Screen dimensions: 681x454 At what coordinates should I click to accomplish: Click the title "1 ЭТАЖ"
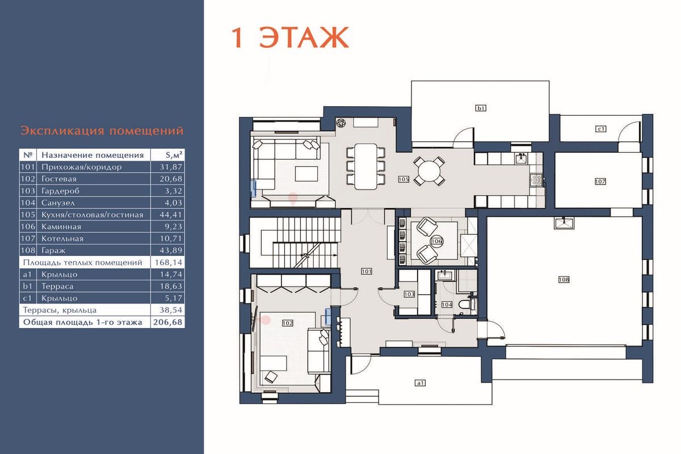290,37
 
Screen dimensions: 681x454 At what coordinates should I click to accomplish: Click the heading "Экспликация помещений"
102,131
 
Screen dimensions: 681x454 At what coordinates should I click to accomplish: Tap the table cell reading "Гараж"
53,251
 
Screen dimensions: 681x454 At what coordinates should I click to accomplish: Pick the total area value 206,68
168,322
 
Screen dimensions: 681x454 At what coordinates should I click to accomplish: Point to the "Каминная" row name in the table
61,227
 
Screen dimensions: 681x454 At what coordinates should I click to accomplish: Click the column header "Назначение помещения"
93,155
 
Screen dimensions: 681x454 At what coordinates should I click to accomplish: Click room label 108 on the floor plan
564,279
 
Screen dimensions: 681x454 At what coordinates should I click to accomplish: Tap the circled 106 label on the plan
436,241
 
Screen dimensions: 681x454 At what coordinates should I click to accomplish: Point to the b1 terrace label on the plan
481,108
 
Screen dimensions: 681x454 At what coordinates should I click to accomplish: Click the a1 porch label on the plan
420,383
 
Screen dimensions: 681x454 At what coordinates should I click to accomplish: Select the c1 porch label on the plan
601,129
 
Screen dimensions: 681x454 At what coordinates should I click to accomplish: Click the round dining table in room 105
428,171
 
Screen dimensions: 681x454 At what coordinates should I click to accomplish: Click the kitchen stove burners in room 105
536,180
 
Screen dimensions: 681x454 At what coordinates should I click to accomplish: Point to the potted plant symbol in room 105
341,123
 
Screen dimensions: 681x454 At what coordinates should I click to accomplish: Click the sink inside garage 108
564,224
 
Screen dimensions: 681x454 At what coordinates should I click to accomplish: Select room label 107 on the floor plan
600,182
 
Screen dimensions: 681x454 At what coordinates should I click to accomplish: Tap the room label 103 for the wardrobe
409,295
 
